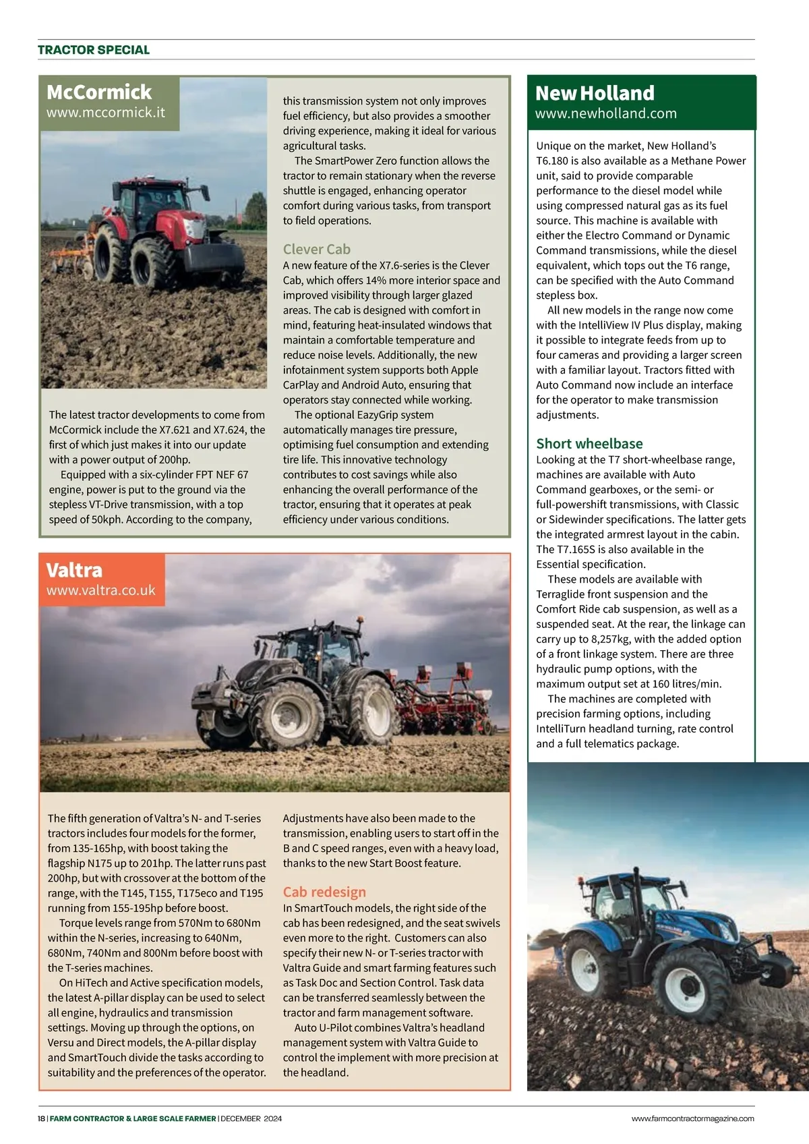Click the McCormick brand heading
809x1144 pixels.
pos(99,92)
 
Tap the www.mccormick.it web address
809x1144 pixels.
pos(105,113)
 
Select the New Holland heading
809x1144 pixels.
pos(595,93)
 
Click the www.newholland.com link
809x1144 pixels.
pos(605,113)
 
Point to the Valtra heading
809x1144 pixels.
pos(74,570)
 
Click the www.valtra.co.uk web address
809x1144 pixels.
pos(100,590)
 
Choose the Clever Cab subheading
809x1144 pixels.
pos(316,249)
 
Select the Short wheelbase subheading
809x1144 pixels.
pos(589,443)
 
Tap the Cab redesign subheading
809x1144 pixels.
pos(324,892)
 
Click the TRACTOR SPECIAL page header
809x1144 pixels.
pos(94,50)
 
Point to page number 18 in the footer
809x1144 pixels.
pos(41,1118)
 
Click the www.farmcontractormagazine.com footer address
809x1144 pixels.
pos(692,1118)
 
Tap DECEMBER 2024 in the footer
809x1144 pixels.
pos(251,1118)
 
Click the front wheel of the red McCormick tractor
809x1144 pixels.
pos(154,262)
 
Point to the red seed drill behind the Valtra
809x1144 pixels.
pos(445,702)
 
